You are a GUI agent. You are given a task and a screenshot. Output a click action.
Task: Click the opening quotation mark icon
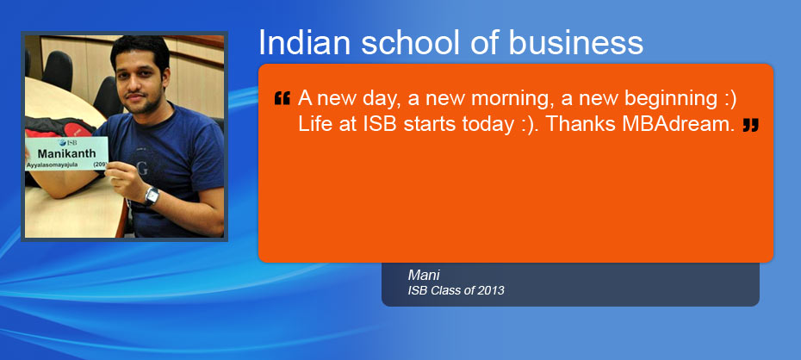click(x=282, y=98)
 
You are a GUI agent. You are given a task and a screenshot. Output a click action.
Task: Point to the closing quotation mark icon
click(x=750, y=125)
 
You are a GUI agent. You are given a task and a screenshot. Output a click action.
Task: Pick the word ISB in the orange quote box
click(x=380, y=125)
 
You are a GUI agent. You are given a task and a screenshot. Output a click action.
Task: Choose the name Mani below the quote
click(x=424, y=276)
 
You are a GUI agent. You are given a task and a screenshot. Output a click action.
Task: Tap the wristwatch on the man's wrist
click(x=152, y=196)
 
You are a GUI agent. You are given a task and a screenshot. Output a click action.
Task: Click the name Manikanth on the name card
click(x=66, y=153)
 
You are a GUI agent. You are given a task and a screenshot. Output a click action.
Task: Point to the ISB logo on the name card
click(x=67, y=142)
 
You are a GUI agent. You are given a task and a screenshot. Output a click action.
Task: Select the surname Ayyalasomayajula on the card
click(x=52, y=165)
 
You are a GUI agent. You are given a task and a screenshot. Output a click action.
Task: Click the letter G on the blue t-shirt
click(x=143, y=169)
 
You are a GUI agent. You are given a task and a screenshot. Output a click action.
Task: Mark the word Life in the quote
click(x=314, y=125)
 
